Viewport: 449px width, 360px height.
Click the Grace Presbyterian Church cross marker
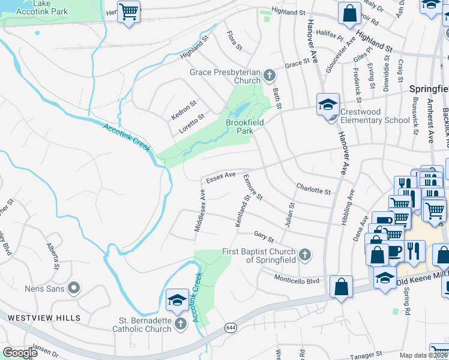pos(270,76)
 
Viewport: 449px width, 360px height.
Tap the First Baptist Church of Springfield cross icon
pos(305,255)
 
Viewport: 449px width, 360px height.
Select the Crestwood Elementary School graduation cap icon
pos(328,104)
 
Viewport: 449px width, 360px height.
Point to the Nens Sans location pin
pos(74,289)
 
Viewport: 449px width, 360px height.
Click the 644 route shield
pos(231,328)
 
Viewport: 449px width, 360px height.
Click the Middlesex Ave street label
pos(200,210)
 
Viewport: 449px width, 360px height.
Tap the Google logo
pos(20,353)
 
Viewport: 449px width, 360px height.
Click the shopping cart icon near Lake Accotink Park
pos(128,11)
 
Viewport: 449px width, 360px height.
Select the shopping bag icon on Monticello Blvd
pos(341,286)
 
